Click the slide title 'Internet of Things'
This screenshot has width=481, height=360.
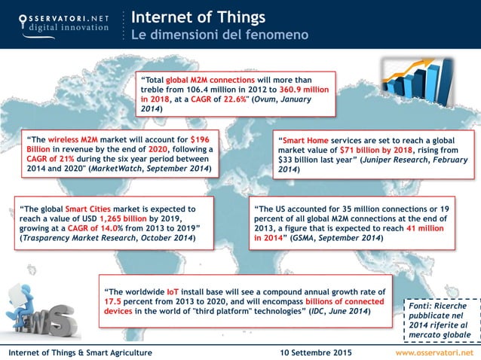pyautogui.click(x=198, y=16)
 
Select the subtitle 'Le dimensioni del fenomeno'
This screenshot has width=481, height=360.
pyautogui.click(x=209, y=35)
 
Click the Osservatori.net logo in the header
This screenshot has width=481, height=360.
pyautogui.click(x=58, y=23)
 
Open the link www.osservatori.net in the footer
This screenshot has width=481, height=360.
pyautogui.click(x=435, y=352)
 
